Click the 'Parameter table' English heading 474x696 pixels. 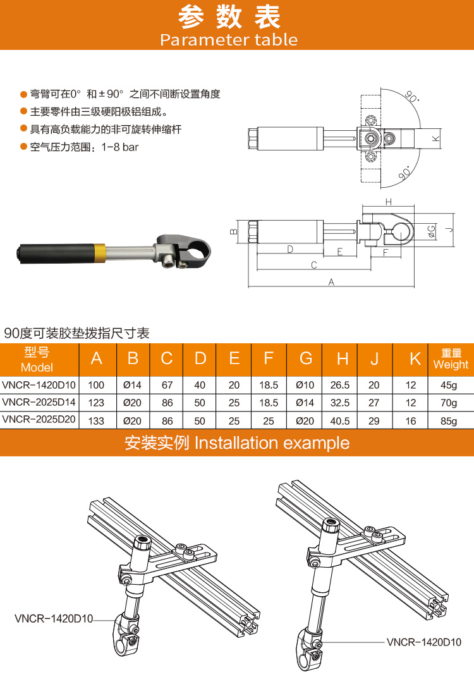pos(229,40)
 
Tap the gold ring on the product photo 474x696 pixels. pos(99,253)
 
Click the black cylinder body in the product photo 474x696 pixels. pos(56,253)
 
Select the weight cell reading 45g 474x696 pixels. pos(448,385)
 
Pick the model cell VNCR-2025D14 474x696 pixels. pos(39,402)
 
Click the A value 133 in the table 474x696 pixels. pos(96,421)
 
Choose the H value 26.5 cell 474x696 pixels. pos(340,385)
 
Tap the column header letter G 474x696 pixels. pos(306,358)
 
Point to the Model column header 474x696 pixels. pos(37,360)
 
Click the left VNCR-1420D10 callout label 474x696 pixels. pos(54,618)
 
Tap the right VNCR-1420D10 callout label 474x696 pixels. pos(424,642)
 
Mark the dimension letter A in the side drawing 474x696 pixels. pos(331,282)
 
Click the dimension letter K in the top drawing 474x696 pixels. pos(435,138)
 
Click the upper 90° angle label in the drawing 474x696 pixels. pos(411,97)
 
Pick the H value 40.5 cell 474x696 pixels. pos(340,421)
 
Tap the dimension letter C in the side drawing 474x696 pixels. pos(313,265)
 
